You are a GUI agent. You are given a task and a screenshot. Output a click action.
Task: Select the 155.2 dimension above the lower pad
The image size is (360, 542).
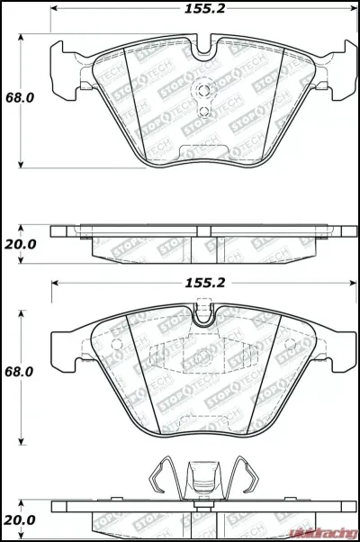(x=204, y=282)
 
